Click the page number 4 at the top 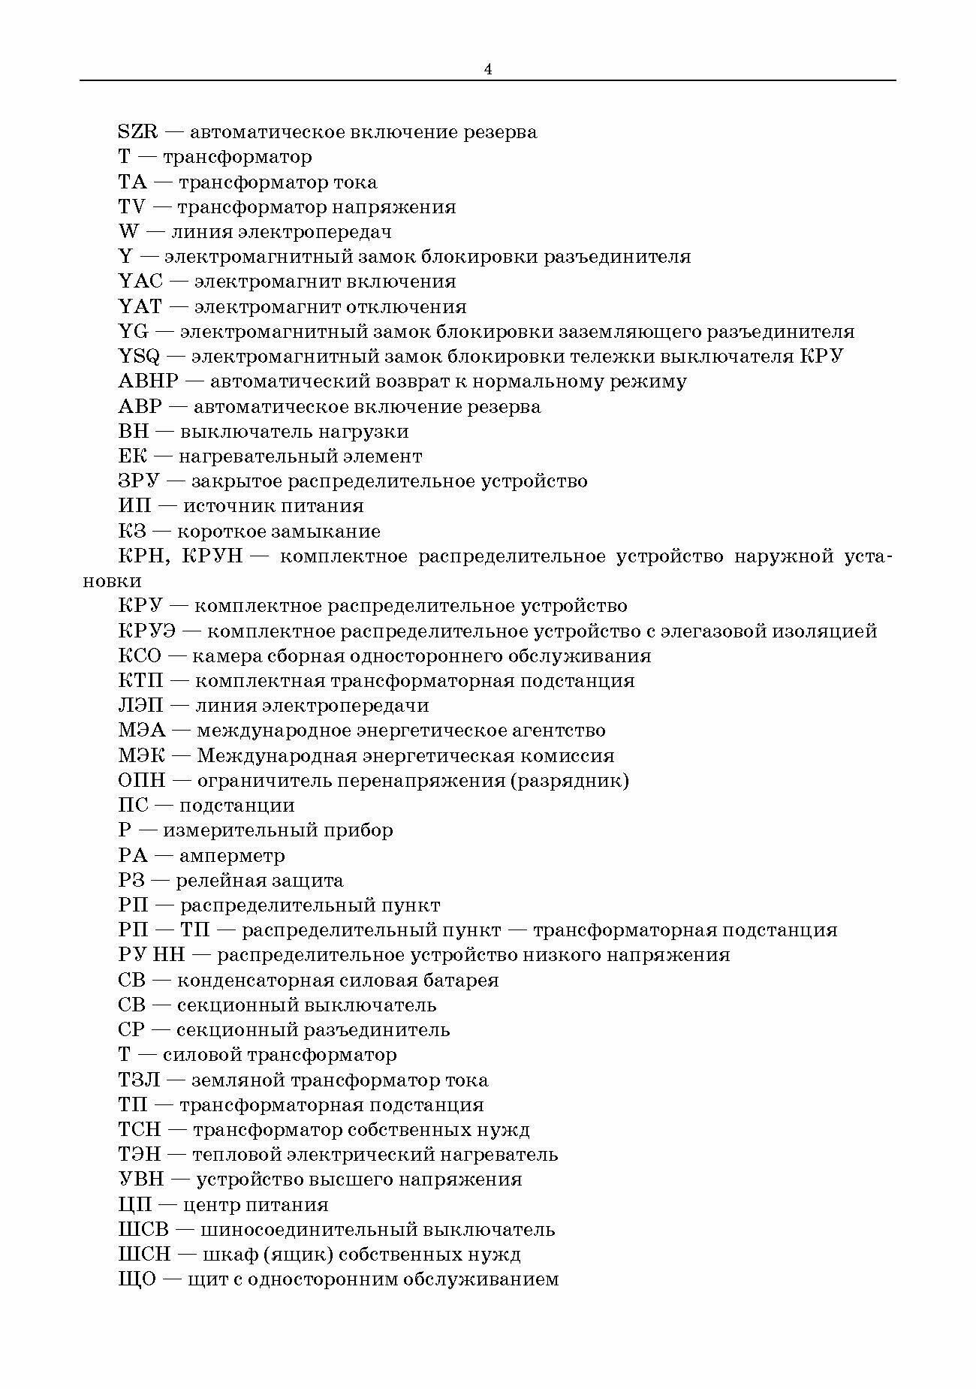488,69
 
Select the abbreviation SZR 138,132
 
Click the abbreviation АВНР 149,381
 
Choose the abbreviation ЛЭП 141,706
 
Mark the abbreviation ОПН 141,781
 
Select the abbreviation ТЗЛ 140,1080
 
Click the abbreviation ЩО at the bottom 136,1279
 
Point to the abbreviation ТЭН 139,1155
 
